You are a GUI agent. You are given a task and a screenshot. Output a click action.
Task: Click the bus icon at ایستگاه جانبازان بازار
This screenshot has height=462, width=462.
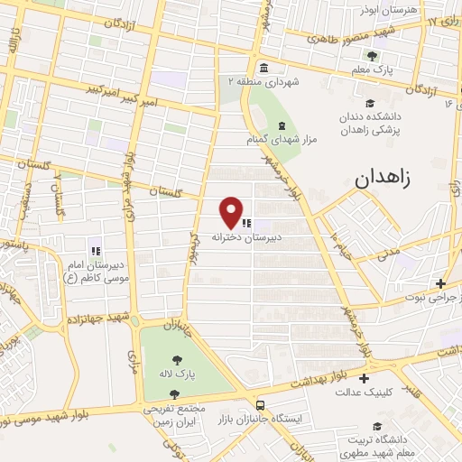261,405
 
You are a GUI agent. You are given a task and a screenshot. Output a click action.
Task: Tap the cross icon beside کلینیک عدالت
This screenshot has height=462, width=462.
364,378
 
